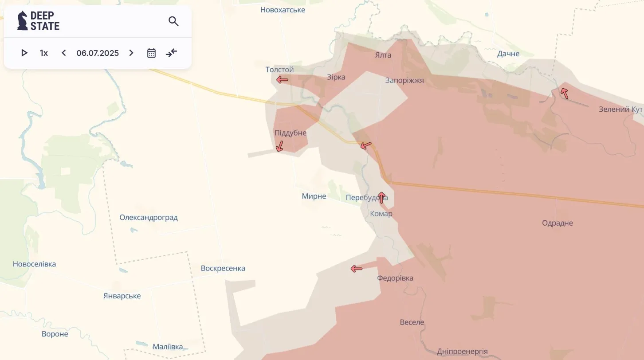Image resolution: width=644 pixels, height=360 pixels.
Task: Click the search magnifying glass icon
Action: coord(173,21)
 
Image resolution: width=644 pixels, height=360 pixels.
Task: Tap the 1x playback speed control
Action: coord(44,53)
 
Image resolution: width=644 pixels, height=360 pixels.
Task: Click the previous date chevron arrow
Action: coord(64,53)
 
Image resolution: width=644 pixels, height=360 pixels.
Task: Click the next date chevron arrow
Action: coord(131,53)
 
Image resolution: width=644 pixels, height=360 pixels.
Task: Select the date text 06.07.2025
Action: coord(98,53)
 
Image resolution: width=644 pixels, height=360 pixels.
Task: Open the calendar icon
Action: coord(151,53)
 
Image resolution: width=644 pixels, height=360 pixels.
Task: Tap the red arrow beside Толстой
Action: coord(282,80)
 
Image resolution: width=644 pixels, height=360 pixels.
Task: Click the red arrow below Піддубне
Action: coord(279,146)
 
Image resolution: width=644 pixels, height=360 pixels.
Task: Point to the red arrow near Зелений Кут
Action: coord(564,93)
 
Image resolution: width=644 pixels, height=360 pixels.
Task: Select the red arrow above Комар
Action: coord(381,198)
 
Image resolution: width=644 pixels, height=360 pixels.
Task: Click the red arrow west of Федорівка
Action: coord(357,268)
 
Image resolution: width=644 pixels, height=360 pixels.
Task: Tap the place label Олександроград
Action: coord(149,218)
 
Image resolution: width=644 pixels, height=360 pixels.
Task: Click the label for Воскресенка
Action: coord(223,268)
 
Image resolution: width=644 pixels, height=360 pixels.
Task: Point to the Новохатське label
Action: coord(283,10)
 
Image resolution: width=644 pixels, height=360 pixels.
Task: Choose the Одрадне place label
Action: coord(558,223)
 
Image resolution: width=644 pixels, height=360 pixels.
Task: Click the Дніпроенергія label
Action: coord(462,352)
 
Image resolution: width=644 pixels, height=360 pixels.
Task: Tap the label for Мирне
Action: coord(314,196)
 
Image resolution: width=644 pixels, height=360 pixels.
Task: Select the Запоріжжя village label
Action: coord(404,81)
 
